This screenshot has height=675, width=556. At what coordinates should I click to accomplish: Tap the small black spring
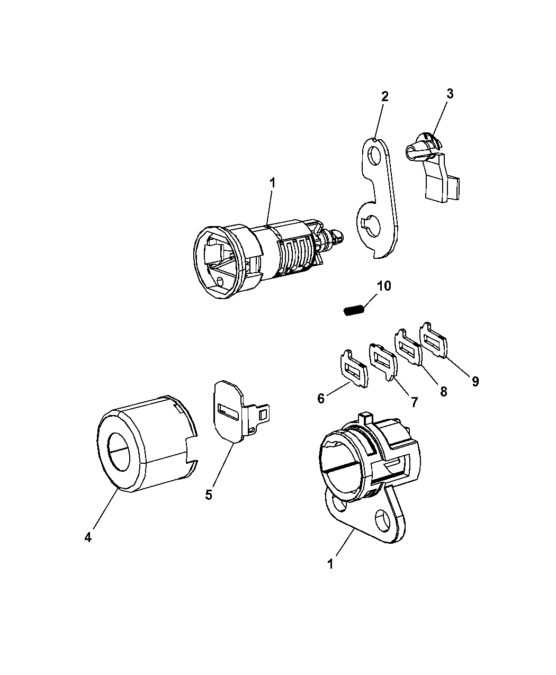pos(353,311)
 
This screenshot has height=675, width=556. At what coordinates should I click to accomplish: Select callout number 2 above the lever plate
pos(384,96)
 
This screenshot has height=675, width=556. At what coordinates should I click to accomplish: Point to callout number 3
pos(450,94)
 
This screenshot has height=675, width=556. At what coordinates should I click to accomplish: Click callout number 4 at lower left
pos(88,537)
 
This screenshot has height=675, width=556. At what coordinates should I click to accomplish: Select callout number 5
pos(209,503)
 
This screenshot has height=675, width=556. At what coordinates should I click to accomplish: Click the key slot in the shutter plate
pos(228,412)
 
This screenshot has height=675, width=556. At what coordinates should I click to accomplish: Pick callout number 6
pos(320,399)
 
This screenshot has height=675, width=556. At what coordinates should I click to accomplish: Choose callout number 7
pos(414,402)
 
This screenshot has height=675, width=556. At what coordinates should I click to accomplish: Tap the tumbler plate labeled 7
pos(383,362)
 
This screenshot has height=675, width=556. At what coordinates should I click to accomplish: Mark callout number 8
pos(443,391)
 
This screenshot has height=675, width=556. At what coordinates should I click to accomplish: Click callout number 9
pos(475,382)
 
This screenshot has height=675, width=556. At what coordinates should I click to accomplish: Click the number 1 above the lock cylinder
pos(272,183)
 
